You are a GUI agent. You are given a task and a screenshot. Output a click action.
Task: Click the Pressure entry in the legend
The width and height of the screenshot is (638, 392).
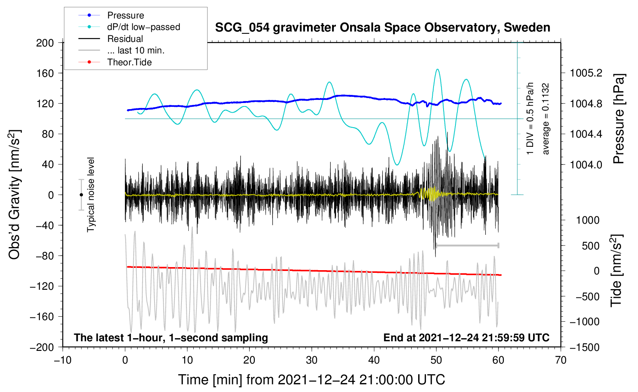point(125,15)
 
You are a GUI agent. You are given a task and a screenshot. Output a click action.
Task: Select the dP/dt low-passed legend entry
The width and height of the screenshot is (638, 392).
point(143,27)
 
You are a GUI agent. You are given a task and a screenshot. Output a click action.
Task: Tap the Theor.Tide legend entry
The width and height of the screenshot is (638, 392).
point(129,62)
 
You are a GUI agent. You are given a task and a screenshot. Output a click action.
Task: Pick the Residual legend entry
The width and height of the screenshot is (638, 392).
point(125,39)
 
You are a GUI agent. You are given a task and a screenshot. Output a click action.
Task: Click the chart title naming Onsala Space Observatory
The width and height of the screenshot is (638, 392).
point(382,28)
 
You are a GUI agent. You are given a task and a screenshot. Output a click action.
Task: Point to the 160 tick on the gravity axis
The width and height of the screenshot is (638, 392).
point(45,73)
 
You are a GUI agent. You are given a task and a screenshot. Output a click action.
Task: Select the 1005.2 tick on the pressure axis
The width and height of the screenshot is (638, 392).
point(586,73)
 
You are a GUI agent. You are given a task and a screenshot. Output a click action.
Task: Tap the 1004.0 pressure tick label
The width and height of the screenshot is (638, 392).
point(586,164)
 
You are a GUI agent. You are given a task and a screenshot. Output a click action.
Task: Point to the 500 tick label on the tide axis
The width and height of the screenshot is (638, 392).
point(590,246)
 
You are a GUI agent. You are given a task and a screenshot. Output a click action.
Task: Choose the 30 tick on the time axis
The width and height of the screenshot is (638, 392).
point(312,360)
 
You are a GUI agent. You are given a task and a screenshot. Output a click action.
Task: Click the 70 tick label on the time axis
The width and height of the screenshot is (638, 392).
point(561,360)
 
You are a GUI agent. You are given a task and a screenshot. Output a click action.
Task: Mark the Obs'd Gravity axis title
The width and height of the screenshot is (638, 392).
point(15,194)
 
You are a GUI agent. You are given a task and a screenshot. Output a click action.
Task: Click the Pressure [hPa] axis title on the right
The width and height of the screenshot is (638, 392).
point(618,119)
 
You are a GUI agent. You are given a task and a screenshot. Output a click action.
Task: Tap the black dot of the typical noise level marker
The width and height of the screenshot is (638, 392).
point(81,195)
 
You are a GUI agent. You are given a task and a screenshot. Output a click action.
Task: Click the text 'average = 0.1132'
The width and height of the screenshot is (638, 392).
point(546,119)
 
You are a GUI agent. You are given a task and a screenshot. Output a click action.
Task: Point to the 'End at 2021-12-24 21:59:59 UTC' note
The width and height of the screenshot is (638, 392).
point(466,338)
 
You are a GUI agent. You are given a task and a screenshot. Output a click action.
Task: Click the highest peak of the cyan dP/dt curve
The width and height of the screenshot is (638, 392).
point(437,69)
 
